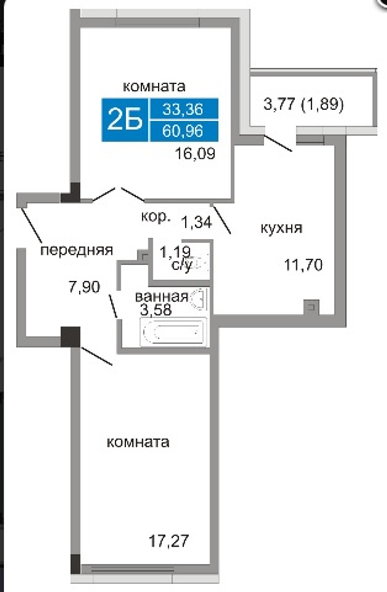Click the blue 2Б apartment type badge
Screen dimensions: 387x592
point(125,120)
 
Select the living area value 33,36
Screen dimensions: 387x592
point(183,109)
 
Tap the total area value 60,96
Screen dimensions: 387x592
point(183,131)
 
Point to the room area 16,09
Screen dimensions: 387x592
point(195,154)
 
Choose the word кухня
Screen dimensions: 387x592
point(282,228)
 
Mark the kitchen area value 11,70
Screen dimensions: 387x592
point(303,265)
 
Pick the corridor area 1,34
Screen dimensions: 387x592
point(197,222)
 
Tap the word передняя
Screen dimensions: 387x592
point(77,250)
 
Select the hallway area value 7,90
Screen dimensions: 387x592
point(84,287)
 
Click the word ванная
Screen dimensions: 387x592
point(162,297)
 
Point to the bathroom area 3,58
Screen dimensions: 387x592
point(156,310)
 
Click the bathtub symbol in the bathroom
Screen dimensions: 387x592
point(174,332)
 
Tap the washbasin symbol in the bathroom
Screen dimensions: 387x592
point(198,298)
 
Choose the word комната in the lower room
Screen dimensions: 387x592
point(138,442)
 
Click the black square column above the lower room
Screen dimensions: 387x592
point(70,337)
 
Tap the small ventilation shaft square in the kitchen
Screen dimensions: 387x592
point(312,307)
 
